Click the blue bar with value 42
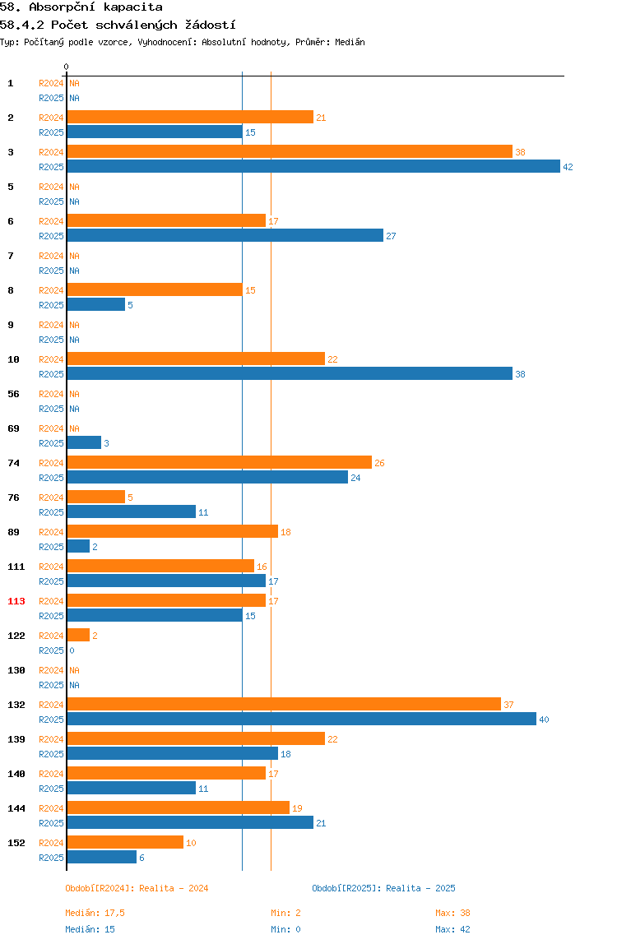(313, 166)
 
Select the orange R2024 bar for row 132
(284, 704)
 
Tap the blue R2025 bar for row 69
(84, 442)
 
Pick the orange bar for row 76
(95, 497)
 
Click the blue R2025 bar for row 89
(78, 546)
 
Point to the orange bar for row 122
(78, 635)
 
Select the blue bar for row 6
(225, 235)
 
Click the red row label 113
(16, 601)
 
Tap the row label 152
(16, 843)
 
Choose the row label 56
(13, 394)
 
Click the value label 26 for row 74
(379, 463)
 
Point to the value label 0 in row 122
(72, 650)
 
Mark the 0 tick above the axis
(67, 67)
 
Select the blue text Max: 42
(452, 929)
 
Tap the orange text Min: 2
(285, 913)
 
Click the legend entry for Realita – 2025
(384, 888)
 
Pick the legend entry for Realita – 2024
(137, 888)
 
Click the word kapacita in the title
(133, 7)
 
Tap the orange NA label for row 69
(74, 428)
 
